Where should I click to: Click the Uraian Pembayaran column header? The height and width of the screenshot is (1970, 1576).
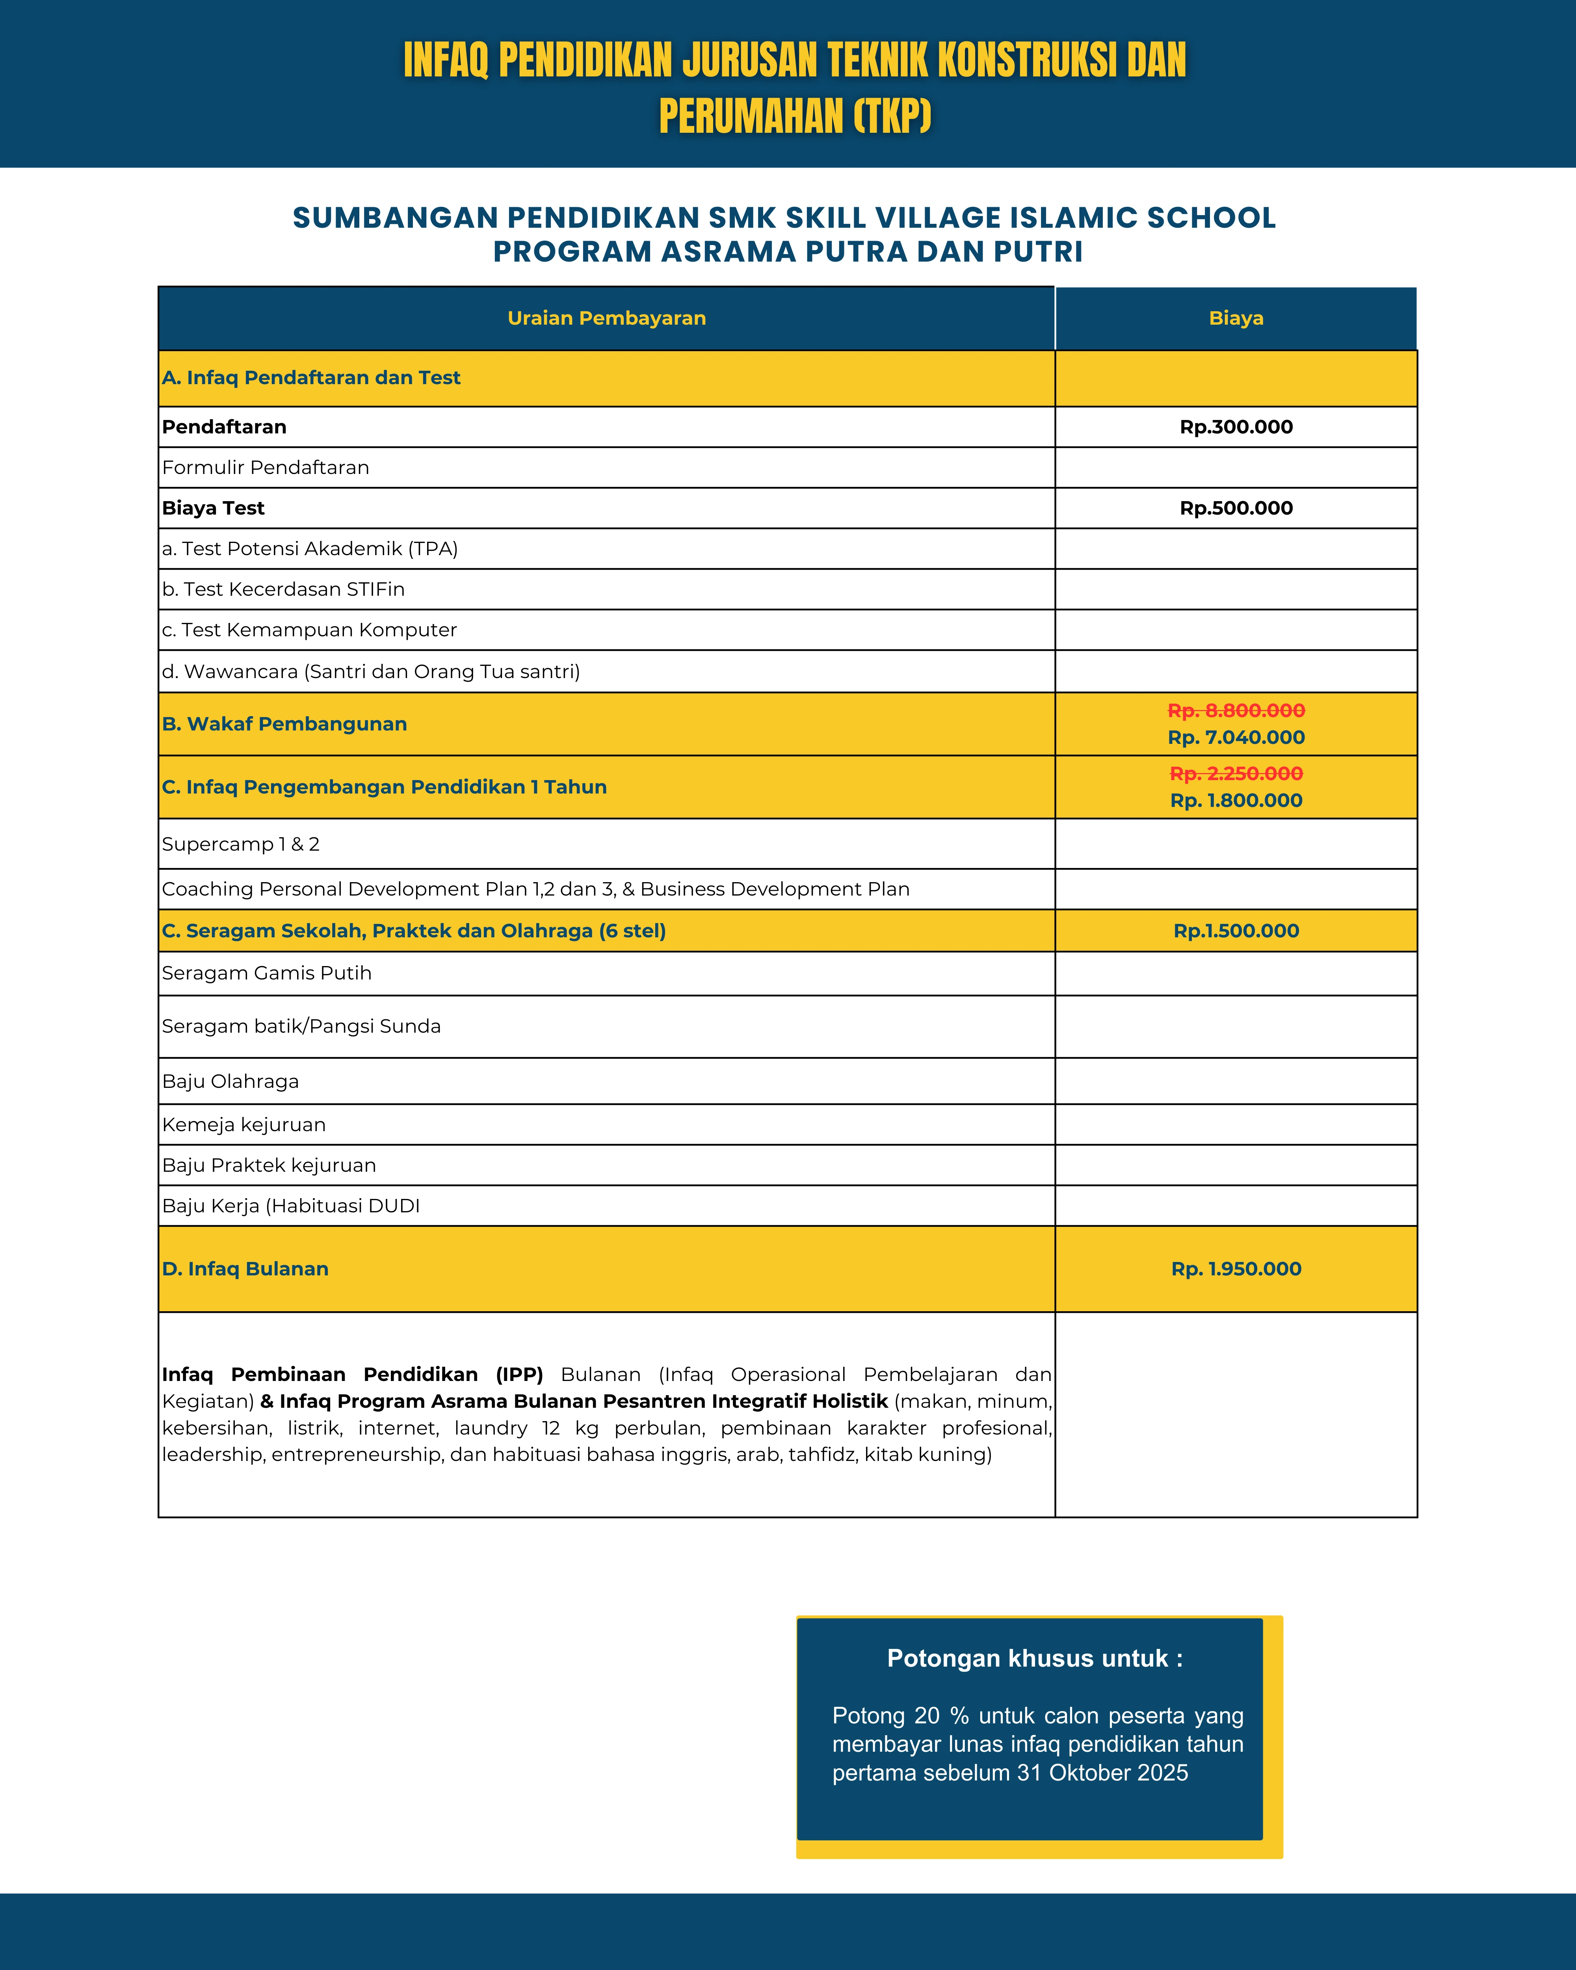(607, 318)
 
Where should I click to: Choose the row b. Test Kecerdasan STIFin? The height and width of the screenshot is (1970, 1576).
(283, 589)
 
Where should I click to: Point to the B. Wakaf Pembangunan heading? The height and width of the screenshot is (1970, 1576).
(284, 724)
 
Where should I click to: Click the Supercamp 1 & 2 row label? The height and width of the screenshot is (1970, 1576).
(240, 844)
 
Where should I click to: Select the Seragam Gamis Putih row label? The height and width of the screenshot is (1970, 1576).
(267, 973)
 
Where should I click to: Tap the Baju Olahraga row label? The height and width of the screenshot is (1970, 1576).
(230, 1082)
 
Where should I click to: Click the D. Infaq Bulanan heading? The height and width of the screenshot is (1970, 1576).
(245, 1269)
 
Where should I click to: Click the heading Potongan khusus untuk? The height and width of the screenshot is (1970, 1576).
(1034, 1658)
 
